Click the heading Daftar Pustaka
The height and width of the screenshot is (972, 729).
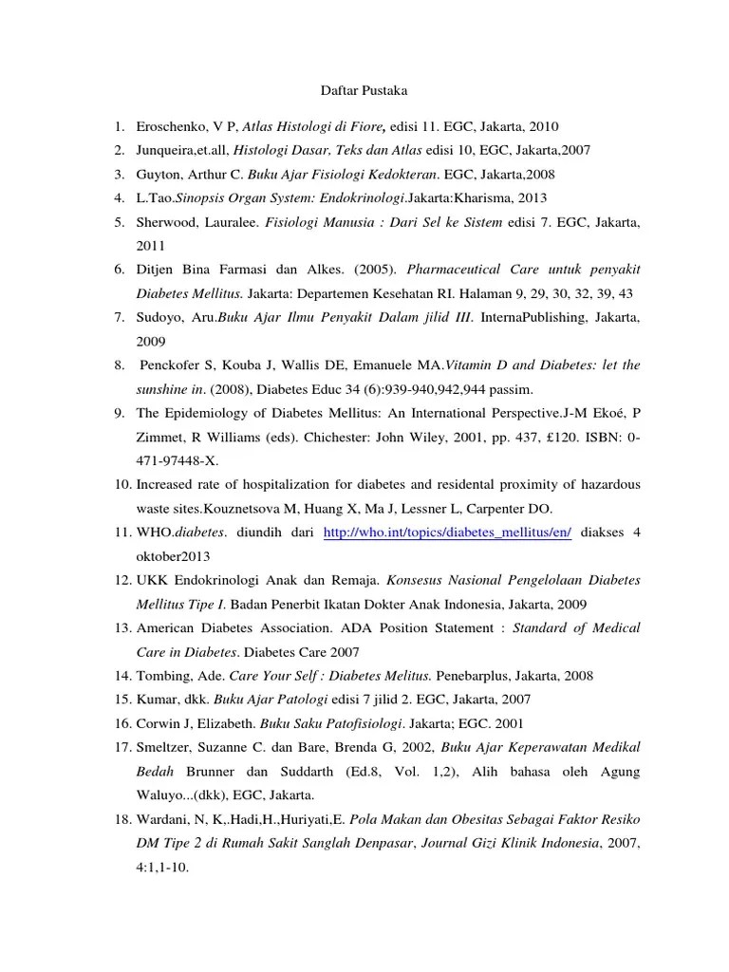361,91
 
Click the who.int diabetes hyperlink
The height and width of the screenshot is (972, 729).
447,533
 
